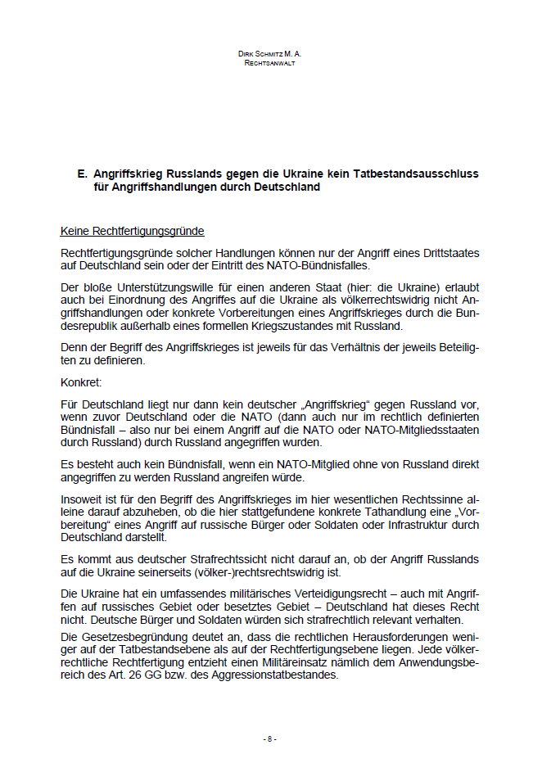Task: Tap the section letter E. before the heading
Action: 82,174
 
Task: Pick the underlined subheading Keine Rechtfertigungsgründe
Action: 133,232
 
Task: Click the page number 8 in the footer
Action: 270,739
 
